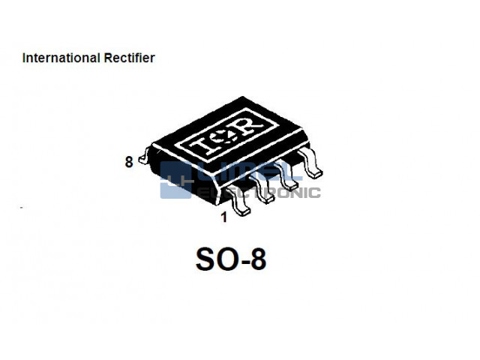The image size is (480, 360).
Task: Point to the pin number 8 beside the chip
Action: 129,161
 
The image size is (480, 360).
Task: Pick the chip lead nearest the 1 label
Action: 241,205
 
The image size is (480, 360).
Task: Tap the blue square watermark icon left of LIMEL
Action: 177,180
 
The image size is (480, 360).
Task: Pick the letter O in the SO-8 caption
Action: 227,259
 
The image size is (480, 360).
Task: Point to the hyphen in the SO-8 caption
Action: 244,262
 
